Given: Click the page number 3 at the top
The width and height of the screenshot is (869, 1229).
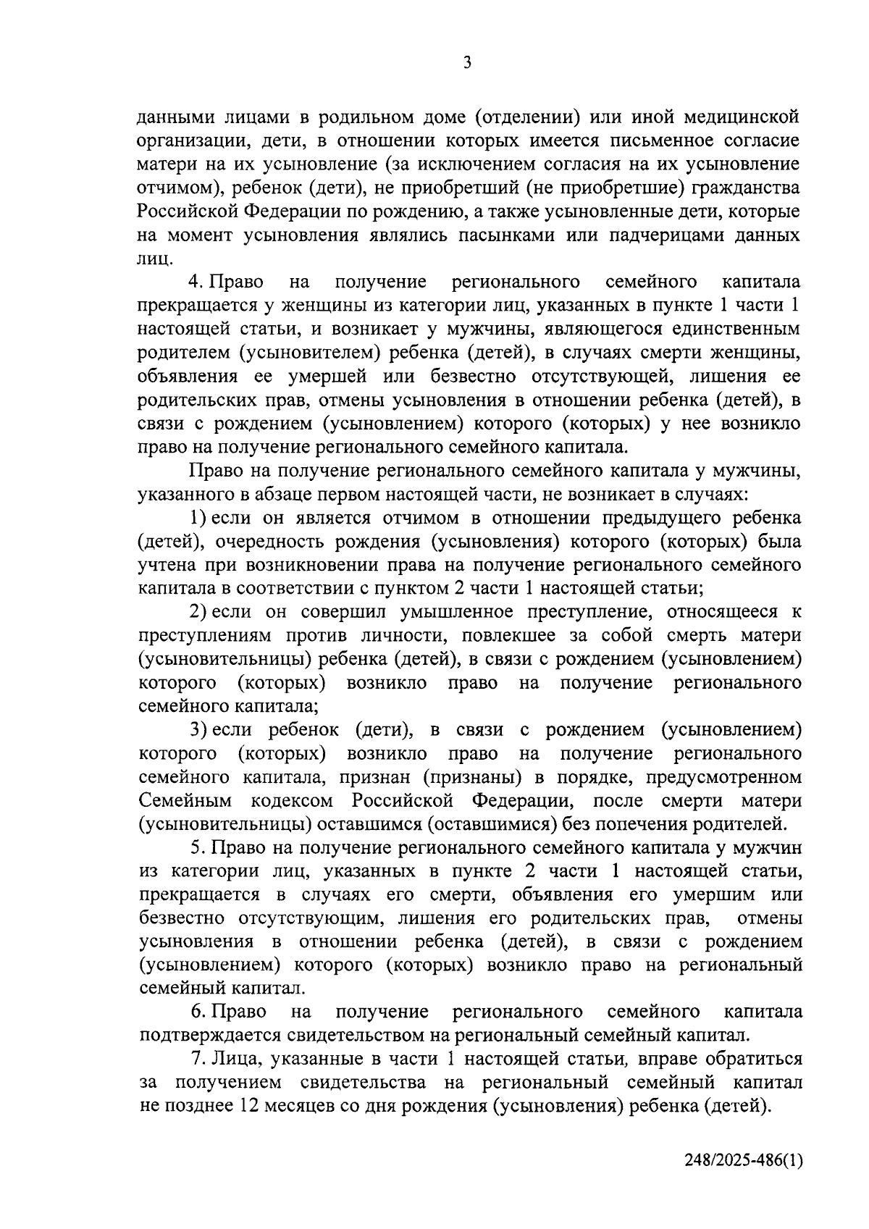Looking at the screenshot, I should click(x=467, y=63).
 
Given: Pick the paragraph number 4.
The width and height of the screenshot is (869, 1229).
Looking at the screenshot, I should click(x=193, y=282).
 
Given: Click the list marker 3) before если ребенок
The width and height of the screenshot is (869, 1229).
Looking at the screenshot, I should click(x=198, y=730).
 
